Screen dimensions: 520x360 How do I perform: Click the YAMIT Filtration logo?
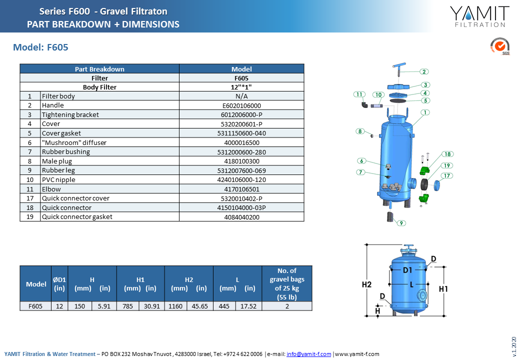pos(479,16)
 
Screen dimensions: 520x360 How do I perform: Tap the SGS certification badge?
pos(500,46)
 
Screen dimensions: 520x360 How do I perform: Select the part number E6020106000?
pos(241,105)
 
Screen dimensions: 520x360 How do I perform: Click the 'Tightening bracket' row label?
pos(70,114)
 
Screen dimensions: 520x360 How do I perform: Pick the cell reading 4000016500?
pos(242,143)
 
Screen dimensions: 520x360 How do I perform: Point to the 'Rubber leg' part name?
pos(58,170)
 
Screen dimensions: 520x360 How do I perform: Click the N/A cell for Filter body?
pos(241,96)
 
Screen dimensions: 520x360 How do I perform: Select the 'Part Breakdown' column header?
pos(99,69)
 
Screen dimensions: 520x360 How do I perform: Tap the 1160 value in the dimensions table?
pos(175,306)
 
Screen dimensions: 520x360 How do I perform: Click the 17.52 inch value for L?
pos(248,306)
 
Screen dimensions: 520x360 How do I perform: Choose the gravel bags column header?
pos(287,284)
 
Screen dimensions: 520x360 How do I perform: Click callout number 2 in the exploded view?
pos(424,71)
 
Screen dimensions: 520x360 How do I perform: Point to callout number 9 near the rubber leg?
pos(401,223)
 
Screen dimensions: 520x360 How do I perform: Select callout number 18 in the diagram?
pos(447,154)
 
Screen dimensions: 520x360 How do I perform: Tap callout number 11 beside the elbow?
pos(359,94)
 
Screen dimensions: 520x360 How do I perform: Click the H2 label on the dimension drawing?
pos(367,284)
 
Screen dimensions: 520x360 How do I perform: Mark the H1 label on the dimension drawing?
pos(443,289)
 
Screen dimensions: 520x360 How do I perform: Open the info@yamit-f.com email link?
pos(309,354)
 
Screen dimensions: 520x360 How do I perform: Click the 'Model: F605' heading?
pos(40,47)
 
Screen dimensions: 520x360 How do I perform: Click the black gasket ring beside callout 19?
pos(424,184)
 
